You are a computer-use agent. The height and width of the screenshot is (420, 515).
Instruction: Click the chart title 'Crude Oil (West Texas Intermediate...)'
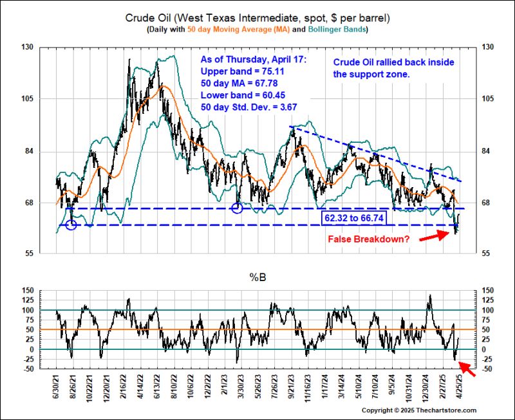[257, 18]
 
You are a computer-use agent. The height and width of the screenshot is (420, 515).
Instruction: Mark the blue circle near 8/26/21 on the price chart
[71, 224]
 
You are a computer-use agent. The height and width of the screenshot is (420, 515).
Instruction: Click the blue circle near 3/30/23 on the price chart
[236, 208]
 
